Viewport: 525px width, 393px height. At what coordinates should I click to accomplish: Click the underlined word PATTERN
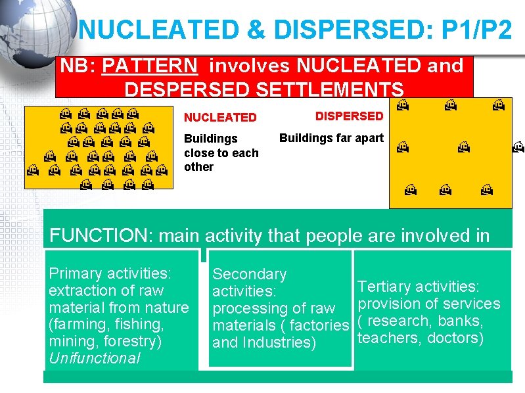tap(150, 66)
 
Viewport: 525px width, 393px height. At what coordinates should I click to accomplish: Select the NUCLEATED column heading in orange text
tap(220, 118)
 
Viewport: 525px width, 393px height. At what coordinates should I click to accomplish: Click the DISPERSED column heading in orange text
tap(349, 116)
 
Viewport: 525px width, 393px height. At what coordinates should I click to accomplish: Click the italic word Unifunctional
tap(95, 358)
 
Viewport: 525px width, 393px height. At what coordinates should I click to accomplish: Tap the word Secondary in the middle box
tap(250, 274)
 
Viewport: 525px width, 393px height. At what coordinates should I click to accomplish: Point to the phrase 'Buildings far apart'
tap(331, 138)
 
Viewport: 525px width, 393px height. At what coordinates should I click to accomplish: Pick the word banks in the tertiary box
tap(461, 321)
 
